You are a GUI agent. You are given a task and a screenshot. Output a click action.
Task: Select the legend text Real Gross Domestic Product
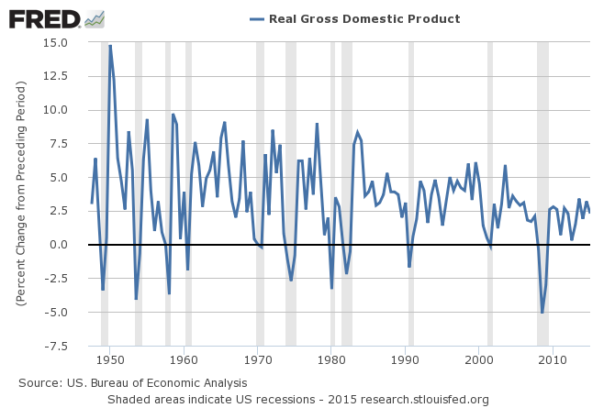point(364,18)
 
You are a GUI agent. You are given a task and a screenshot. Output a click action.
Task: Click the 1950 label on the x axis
point(110,358)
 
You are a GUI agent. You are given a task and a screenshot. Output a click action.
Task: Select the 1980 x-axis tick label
point(331,358)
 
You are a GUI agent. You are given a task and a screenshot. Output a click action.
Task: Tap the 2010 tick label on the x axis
point(553,358)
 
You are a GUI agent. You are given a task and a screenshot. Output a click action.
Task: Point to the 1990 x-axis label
point(405,358)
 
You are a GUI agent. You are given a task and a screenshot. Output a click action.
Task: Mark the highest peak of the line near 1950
point(110,45)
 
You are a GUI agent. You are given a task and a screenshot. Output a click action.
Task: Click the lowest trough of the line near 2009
point(542,313)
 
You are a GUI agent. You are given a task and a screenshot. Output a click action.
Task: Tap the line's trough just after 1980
point(331,289)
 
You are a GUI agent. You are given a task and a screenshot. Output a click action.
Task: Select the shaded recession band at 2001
point(490,193)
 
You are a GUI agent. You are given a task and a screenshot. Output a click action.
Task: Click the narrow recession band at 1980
point(332,193)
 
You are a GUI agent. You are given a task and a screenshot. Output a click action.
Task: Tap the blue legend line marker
point(256,18)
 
